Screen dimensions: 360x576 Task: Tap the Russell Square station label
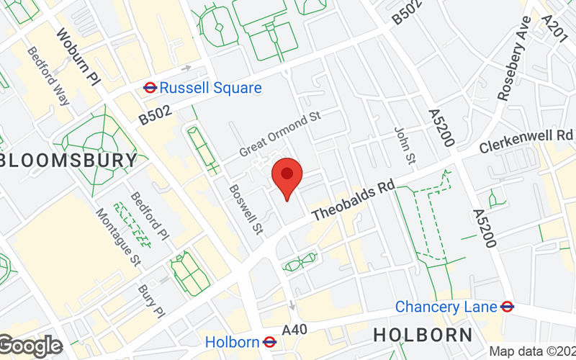[210, 88]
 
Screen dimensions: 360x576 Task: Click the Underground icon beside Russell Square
[150, 88]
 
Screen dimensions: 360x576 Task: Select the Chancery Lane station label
[446, 307]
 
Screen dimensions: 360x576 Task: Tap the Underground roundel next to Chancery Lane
[507, 307]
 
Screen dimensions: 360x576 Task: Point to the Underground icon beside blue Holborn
[270, 341]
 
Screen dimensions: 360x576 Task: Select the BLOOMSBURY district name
[68, 159]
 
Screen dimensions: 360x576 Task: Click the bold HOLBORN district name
[423, 335]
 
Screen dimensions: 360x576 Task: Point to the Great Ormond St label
[279, 134]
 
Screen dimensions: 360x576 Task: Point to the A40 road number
[294, 330]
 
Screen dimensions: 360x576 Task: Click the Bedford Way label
[48, 76]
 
